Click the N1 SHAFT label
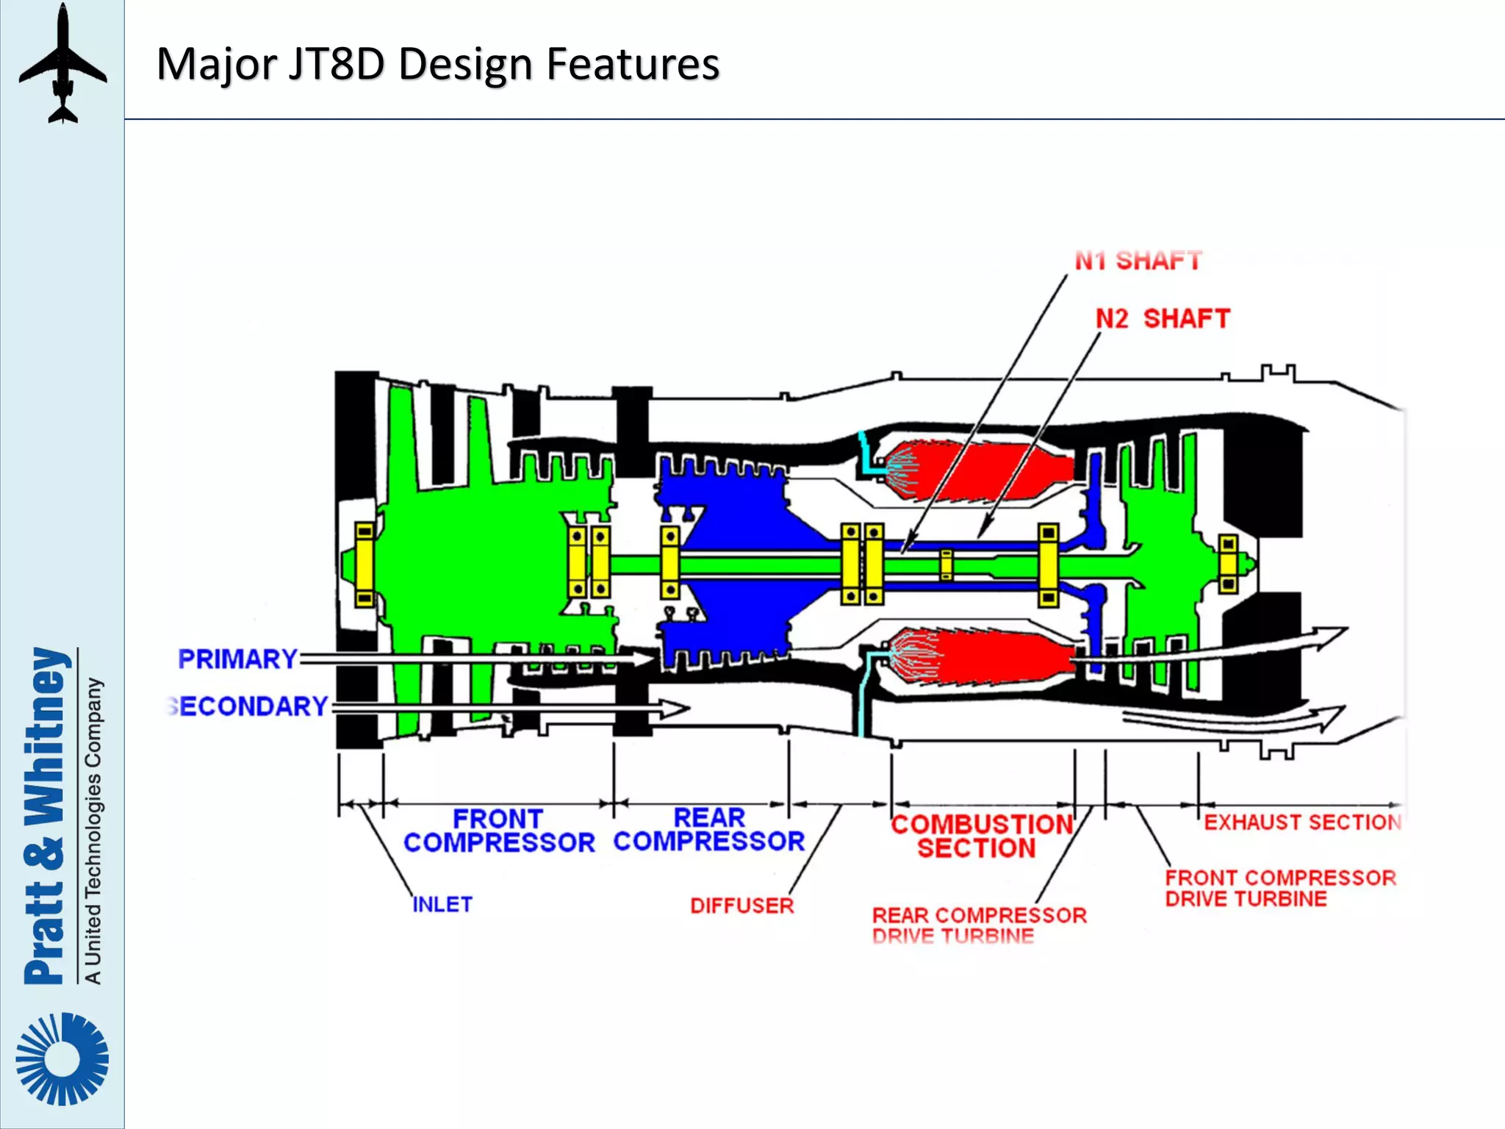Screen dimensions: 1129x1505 pyautogui.click(x=1138, y=260)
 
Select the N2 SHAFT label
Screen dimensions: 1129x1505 pyautogui.click(x=1163, y=318)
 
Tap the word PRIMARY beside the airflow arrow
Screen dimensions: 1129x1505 pyautogui.click(x=237, y=659)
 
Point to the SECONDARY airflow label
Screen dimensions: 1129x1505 pyautogui.click(x=248, y=706)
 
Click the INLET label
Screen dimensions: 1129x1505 pyautogui.click(x=442, y=904)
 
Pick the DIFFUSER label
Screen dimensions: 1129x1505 pyautogui.click(x=741, y=906)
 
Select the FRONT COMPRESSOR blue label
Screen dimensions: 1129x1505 pyautogui.click(x=499, y=831)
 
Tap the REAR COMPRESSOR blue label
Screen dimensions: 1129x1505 pyautogui.click(x=709, y=829)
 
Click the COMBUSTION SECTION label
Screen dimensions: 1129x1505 pyautogui.click(x=981, y=836)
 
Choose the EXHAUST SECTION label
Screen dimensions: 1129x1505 pyautogui.click(x=1302, y=822)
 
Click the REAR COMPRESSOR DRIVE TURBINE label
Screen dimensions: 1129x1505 pyautogui.click(x=978, y=925)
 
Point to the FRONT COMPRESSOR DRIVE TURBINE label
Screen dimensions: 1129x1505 pyautogui.click(x=1279, y=888)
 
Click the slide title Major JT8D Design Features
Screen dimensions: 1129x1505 pyautogui.click(x=438, y=64)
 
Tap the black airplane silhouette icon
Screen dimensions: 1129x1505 pyautogui.click(x=62, y=65)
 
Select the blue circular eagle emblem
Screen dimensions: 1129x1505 pyautogui.click(x=62, y=1058)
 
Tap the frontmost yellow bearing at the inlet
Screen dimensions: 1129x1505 pyautogui.click(x=364, y=564)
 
